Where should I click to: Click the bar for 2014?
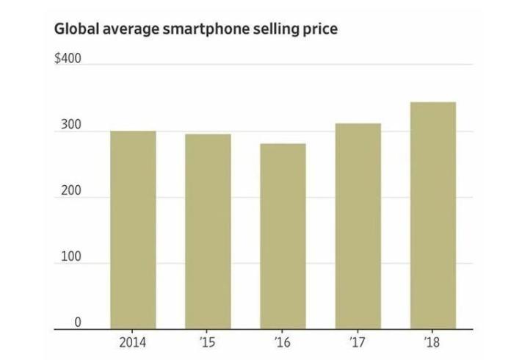click(x=133, y=230)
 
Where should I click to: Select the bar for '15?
click(x=208, y=231)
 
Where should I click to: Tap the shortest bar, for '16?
click(x=283, y=237)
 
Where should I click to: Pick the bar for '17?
click(x=358, y=226)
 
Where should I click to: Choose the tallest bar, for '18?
click(x=433, y=215)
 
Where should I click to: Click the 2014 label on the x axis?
click(x=133, y=343)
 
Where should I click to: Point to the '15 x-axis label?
click(x=208, y=343)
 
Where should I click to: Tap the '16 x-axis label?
click(x=283, y=343)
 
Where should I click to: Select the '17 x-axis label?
click(x=358, y=343)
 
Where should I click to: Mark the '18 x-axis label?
click(x=433, y=343)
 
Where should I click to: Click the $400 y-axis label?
click(x=68, y=57)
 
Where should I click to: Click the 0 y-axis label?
click(x=77, y=323)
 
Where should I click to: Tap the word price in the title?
click(x=318, y=30)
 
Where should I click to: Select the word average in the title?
click(x=129, y=30)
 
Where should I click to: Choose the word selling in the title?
click(x=270, y=30)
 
